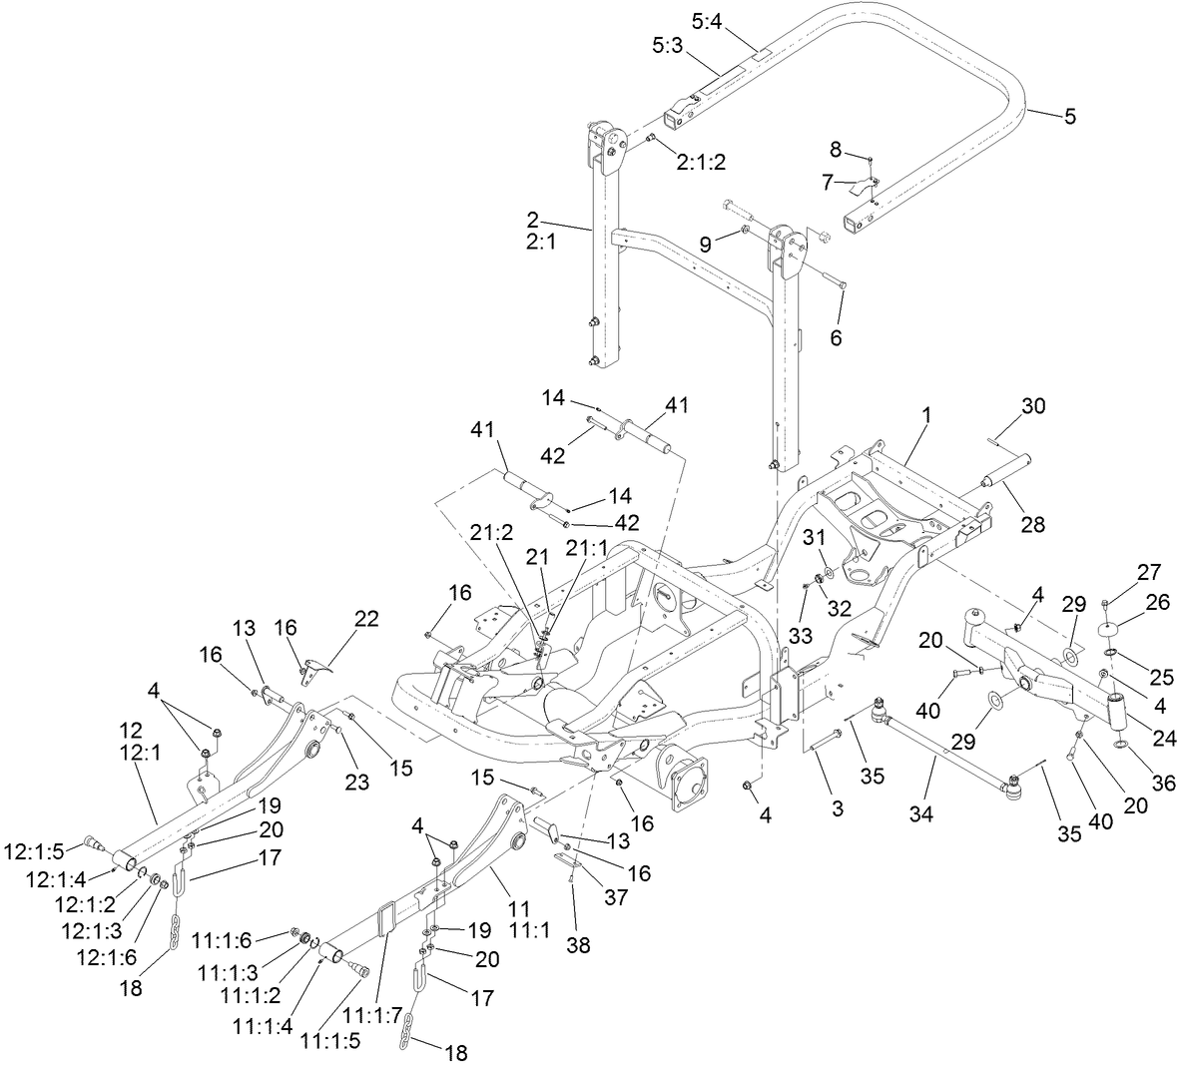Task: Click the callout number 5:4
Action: coord(707,19)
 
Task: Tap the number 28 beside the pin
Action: coord(1032,523)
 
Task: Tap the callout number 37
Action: coord(616,896)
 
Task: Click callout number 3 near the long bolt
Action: coord(837,808)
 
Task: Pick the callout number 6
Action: coord(837,338)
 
